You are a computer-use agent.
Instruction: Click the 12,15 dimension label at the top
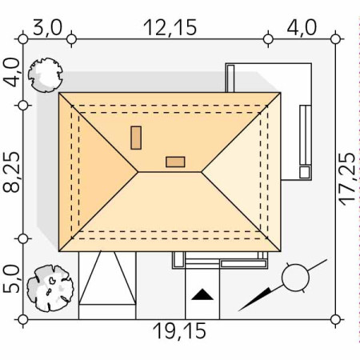(170, 27)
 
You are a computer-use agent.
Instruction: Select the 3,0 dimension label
(47, 27)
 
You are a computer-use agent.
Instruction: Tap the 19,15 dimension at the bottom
(179, 331)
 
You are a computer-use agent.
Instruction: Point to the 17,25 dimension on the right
(347, 179)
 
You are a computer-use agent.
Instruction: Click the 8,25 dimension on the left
(11, 172)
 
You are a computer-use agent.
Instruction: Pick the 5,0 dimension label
(11, 279)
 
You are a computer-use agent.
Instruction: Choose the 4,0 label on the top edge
(302, 27)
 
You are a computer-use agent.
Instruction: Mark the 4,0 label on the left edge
(11, 73)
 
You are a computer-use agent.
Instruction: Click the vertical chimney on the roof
(136, 138)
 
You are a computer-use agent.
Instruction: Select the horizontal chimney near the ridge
(175, 162)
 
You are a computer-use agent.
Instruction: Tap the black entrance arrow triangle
(202, 294)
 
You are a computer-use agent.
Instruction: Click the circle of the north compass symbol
(295, 278)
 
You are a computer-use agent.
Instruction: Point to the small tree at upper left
(46, 75)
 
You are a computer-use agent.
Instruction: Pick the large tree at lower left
(50, 288)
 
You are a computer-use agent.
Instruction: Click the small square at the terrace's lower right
(305, 172)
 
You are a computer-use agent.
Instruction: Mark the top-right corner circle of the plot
(335, 39)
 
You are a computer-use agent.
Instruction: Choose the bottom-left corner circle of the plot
(23, 319)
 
